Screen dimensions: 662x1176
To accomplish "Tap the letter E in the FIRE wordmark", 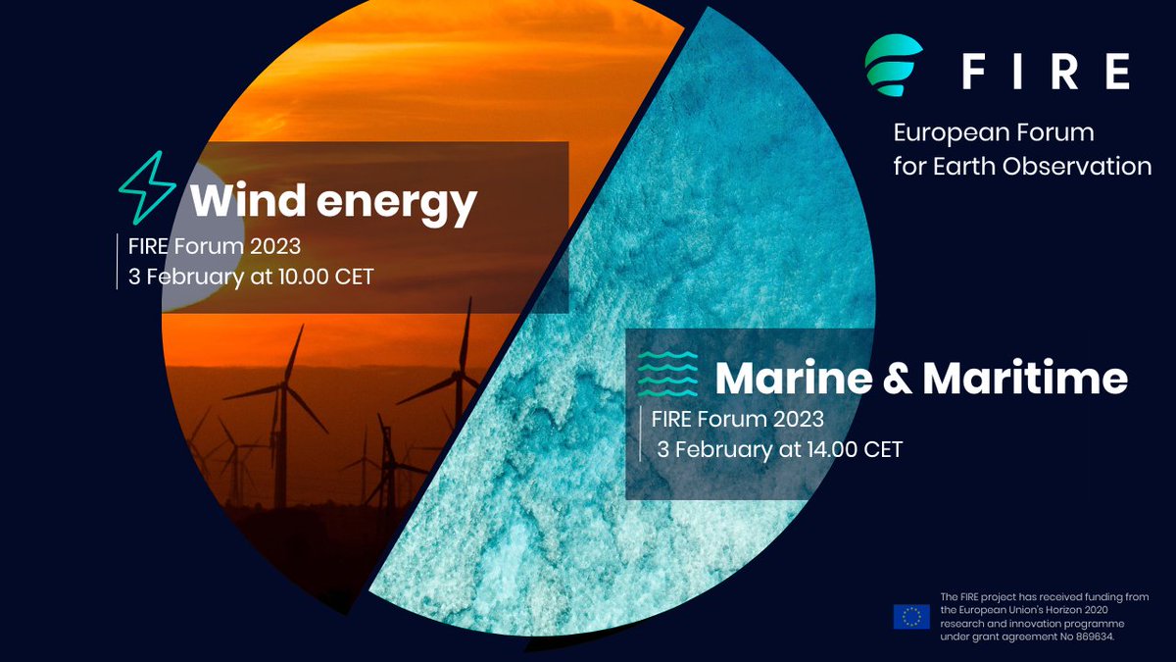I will (x=1116, y=72).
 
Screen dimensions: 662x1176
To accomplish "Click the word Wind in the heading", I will (x=238, y=202).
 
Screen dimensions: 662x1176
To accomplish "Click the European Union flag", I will (x=911, y=616).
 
